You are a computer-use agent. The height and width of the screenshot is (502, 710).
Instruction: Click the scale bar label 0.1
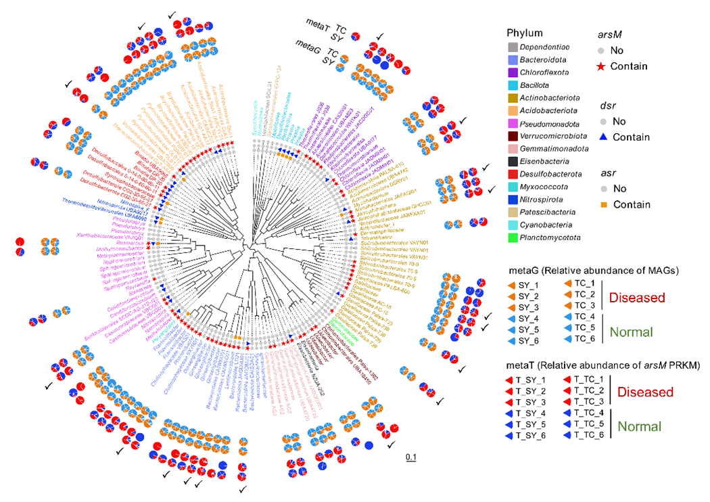click(410, 458)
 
